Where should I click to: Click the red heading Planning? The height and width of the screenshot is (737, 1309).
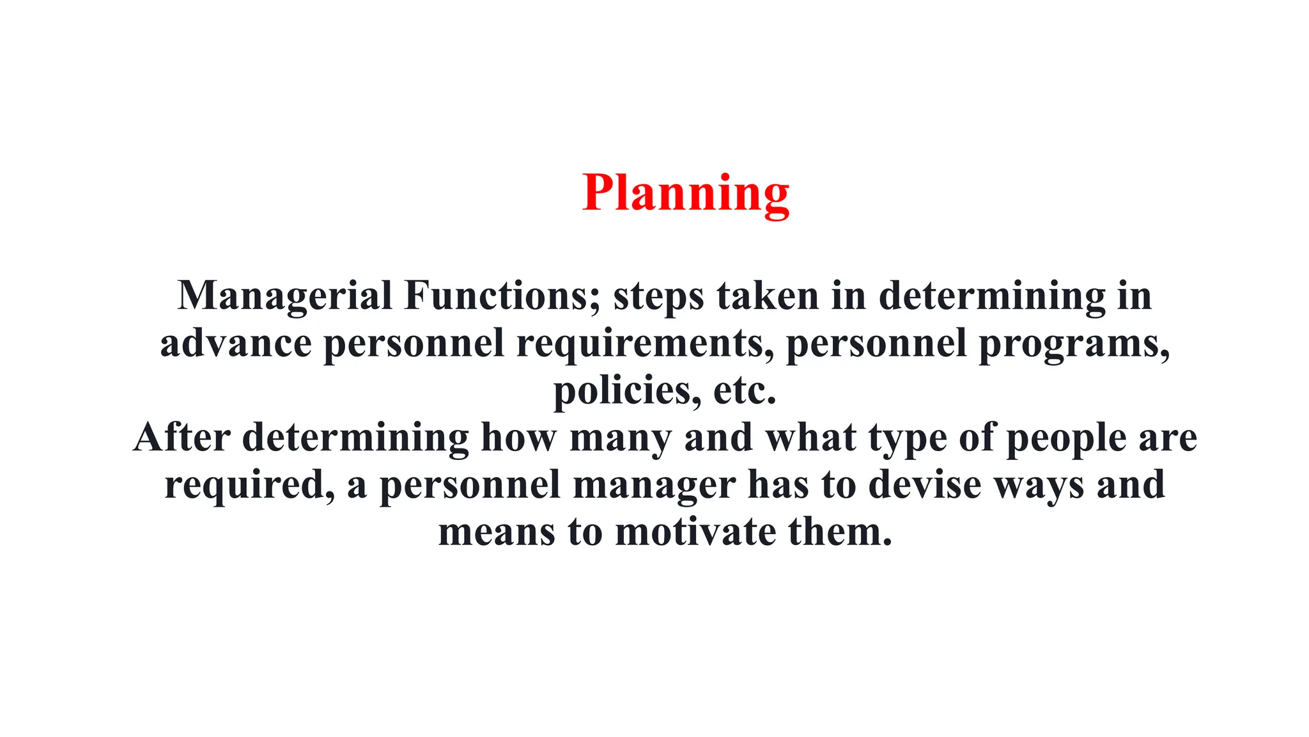[685, 193]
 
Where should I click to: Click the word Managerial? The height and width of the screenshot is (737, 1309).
[284, 296]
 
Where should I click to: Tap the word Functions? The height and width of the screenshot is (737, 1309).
[502, 296]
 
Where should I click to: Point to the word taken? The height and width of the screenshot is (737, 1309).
[768, 296]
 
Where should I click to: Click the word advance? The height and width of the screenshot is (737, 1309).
[235, 344]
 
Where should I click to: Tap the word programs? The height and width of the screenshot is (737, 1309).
[1074, 345]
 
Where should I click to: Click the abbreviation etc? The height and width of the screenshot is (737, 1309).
[744, 392]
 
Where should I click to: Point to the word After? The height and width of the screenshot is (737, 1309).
[182, 438]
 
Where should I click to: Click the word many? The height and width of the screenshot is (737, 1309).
[620, 440]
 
